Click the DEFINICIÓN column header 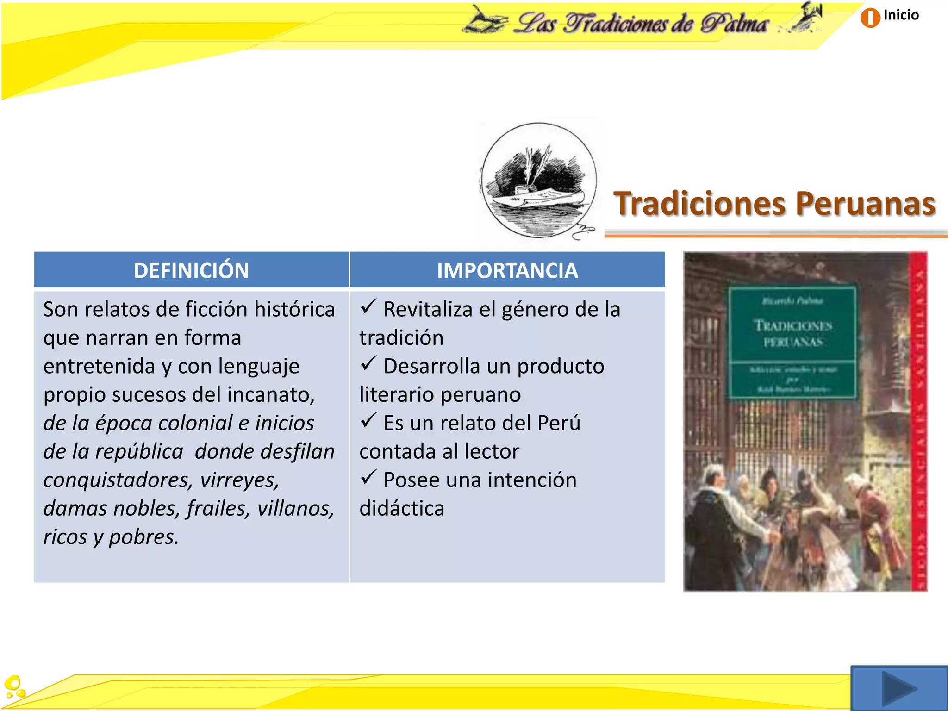tap(191, 270)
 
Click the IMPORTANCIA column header tap(507, 270)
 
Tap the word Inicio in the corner tap(901, 15)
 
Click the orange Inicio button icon tap(870, 18)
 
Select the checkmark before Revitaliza tap(368, 306)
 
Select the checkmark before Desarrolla tap(368, 363)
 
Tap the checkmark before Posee tap(368, 477)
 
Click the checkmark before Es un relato tap(368, 420)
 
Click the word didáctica tap(402, 508)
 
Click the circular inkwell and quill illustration tap(538, 181)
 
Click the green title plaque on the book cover tap(792, 343)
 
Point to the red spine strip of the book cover tap(918, 421)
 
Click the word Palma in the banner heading tap(733, 23)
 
